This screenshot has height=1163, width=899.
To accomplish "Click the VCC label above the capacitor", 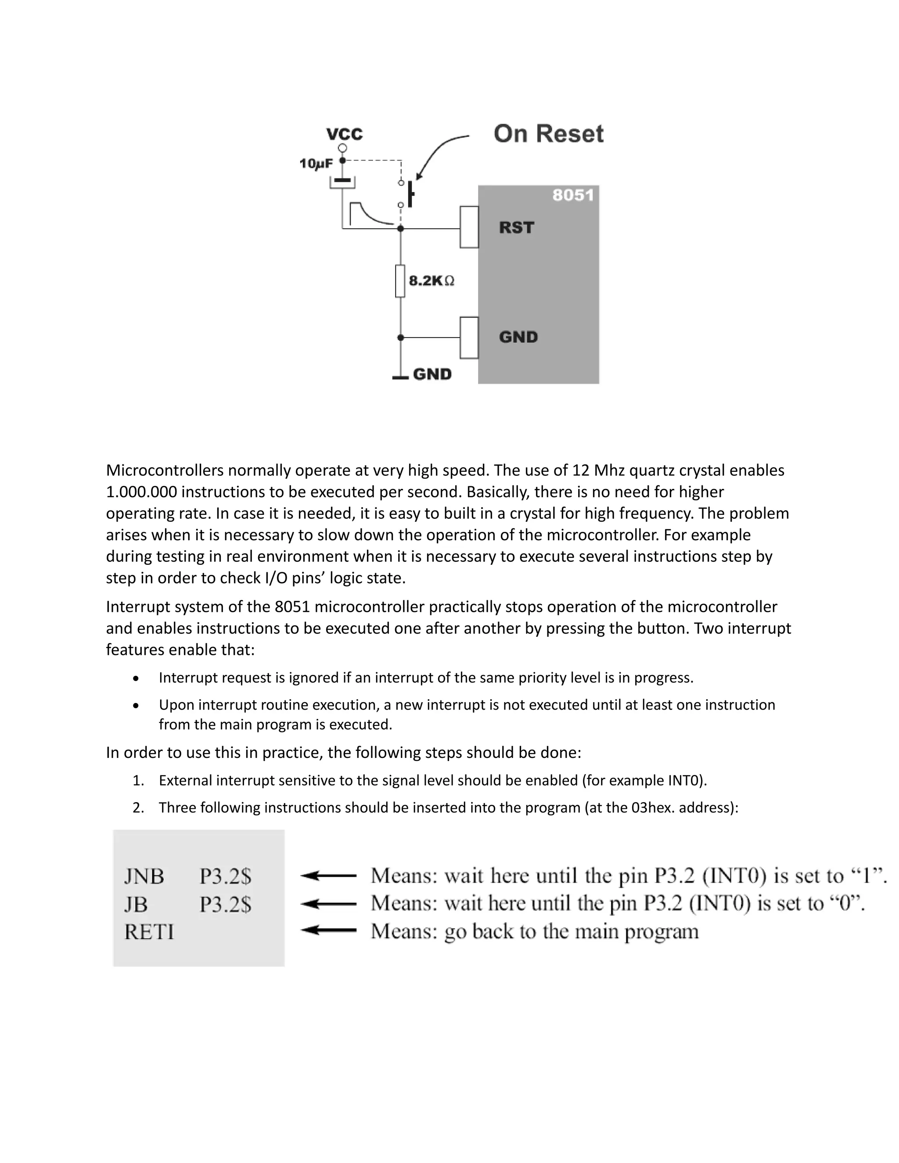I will tap(345, 134).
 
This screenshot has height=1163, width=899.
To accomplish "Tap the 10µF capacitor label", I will tap(316, 164).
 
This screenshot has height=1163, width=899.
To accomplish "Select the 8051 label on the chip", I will tap(572, 195).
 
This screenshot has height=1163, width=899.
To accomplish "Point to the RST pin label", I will tap(516, 228).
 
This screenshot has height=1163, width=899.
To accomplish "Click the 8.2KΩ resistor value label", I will tap(432, 280).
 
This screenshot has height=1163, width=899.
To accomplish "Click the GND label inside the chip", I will tap(518, 337).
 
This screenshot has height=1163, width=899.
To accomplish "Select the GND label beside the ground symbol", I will tap(432, 374).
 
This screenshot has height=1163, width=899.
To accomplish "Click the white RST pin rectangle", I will tap(469, 227).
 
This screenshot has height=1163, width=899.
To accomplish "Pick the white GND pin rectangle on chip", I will tap(469, 337).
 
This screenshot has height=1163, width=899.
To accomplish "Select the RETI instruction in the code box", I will tap(149, 932).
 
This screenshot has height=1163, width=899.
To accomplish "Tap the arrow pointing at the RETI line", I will tap(329, 930).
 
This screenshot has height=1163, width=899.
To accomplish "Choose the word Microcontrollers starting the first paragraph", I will tap(165, 470).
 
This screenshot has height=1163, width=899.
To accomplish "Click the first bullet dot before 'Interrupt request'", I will tap(137, 678).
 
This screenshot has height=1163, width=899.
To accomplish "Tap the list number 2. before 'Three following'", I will tap(138, 808).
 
